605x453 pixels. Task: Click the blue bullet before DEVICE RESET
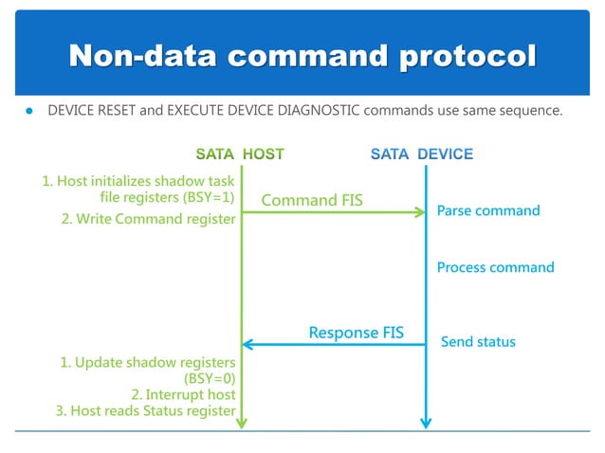pos(29,112)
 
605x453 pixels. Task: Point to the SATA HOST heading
pos(239,154)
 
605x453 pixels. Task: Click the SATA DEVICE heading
pos(421,154)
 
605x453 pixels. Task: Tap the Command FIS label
pos(311,200)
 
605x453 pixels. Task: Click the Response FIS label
pos(356,333)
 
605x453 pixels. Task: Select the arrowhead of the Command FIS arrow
pos(420,212)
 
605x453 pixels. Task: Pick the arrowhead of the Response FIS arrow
pos(248,344)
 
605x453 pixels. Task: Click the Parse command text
pos(487,210)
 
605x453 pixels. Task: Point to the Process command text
pos(495,267)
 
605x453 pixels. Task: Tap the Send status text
pos(478,341)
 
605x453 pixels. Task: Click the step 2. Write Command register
pos(148,220)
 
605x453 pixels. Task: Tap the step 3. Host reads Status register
pos(145,410)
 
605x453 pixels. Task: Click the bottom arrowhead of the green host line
pos(242,423)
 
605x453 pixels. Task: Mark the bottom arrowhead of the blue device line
pos(426,423)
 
